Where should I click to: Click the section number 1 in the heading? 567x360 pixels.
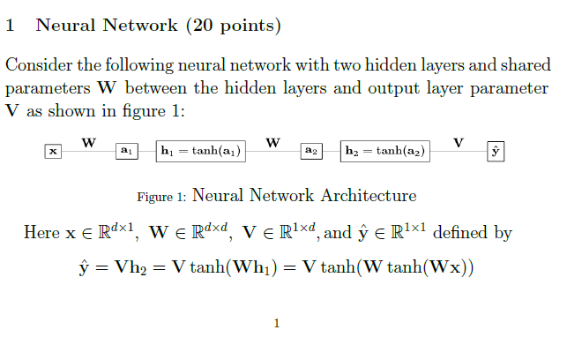(x=10, y=26)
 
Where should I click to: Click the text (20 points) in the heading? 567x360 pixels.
(x=233, y=26)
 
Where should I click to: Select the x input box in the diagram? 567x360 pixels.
(x=54, y=152)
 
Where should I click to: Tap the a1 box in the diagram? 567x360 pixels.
(x=126, y=152)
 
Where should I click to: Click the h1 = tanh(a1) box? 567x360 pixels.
(x=200, y=152)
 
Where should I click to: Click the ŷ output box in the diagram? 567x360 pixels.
(x=496, y=152)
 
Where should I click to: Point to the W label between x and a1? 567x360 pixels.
(x=89, y=141)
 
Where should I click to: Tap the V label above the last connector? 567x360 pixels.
(x=458, y=141)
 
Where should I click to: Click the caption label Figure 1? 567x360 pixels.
(x=161, y=196)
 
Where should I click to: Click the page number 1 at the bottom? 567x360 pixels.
(x=277, y=324)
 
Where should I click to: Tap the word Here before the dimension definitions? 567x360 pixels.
(x=41, y=233)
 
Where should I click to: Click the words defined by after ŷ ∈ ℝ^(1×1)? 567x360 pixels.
(x=473, y=233)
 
